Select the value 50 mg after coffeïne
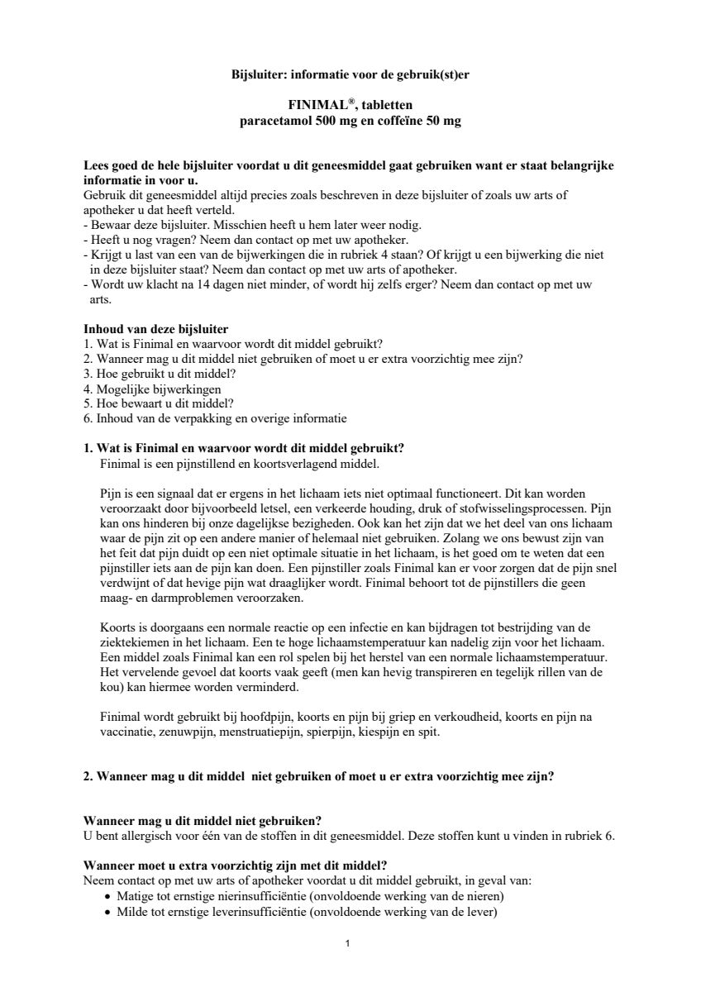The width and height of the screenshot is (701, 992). [442, 121]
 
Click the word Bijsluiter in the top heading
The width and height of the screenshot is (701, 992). [257, 74]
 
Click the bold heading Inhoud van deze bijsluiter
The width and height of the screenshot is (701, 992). [156, 329]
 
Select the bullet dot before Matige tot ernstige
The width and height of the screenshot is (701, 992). [107, 897]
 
